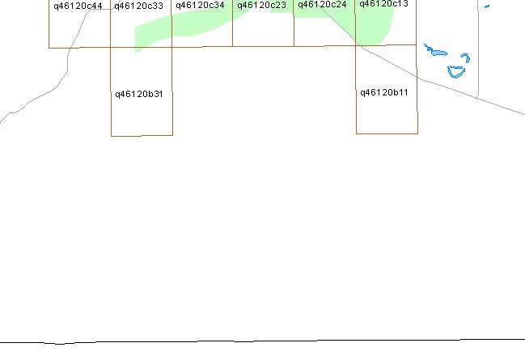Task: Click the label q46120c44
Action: [x=78, y=6]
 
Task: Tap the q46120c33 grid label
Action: [x=138, y=6]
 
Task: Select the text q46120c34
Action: [x=200, y=6]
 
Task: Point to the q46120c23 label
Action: [x=261, y=6]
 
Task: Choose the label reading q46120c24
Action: [x=322, y=5]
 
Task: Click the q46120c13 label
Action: [x=383, y=4]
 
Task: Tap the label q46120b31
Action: [x=139, y=94]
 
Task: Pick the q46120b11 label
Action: [x=384, y=92]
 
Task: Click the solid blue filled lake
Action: [x=439, y=53]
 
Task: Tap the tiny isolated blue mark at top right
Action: [x=487, y=6]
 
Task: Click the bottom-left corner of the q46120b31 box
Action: [x=111, y=136]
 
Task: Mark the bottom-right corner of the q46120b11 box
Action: [x=418, y=133]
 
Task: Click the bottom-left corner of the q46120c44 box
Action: [x=49, y=48]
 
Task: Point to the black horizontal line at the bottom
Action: [x=262, y=341]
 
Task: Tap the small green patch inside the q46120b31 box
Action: [x=138, y=50]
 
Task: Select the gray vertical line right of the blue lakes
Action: [x=478, y=49]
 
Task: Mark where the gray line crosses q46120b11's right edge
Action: [x=417, y=77]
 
